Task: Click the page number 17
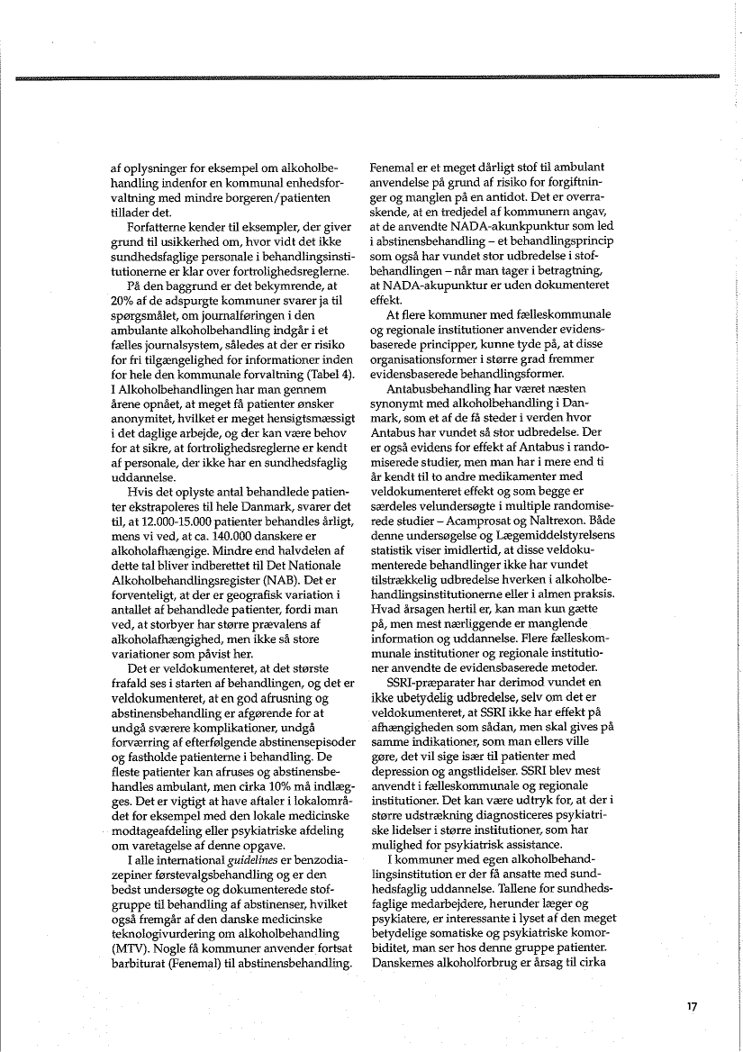(x=691, y=1007)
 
